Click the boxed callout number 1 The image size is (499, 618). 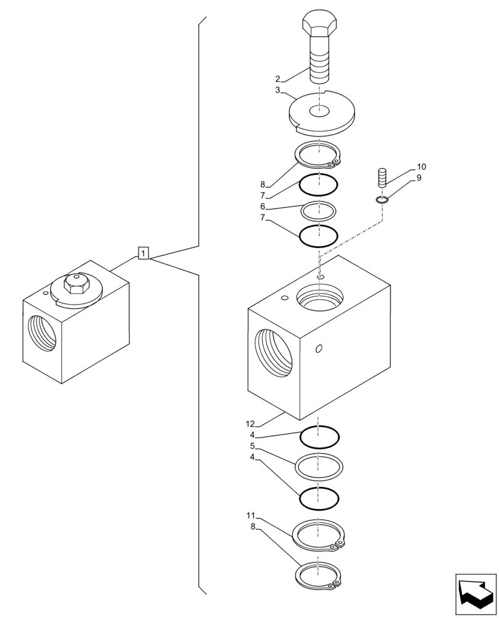pyautogui.click(x=143, y=253)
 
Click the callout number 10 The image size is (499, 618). pyautogui.click(x=421, y=167)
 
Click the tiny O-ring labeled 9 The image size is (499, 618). pyautogui.click(x=382, y=199)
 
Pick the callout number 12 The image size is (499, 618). pyautogui.click(x=249, y=424)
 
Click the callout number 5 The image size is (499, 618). pyautogui.click(x=253, y=446)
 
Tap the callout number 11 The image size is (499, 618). pyautogui.click(x=249, y=515)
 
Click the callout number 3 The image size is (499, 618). pyautogui.click(x=278, y=90)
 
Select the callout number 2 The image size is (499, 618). pyautogui.click(x=278, y=79)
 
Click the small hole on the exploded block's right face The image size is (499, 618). pyautogui.click(x=319, y=349)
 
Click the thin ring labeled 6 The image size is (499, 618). pyautogui.click(x=318, y=210)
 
